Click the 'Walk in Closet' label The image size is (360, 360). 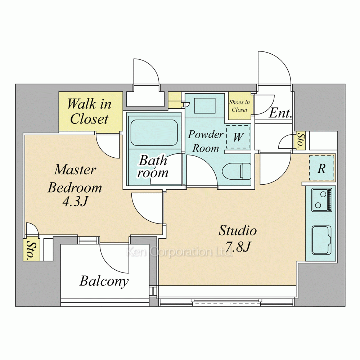[89, 111]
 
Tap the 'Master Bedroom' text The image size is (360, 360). [75, 179]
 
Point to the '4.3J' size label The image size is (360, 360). [75, 202]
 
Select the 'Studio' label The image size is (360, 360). [238, 230]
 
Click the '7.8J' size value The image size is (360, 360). [238, 247]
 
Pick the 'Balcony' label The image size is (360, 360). [104, 281]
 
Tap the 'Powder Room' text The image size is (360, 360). [206, 141]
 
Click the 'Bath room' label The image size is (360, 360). [153, 166]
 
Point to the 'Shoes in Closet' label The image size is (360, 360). [239, 106]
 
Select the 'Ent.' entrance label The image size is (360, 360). [280, 113]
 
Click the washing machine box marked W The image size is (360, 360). [238, 137]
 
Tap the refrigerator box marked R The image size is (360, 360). [321, 168]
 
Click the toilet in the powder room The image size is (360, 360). [237, 171]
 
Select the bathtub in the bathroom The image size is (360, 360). [154, 133]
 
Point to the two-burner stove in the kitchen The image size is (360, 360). [322, 200]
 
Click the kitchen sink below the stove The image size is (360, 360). [321, 240]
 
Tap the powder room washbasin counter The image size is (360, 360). [205, 106]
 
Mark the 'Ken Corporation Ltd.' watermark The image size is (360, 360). [179, 252]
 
